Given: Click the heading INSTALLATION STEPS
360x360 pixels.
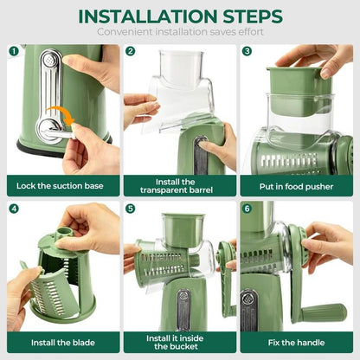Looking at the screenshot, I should pyautogui.click(x=179, y=16).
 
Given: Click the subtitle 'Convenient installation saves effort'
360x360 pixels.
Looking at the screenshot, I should pyautogui.click(x=179, y=32).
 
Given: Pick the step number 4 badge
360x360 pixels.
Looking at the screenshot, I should pyautogui.click(x=14, y=209).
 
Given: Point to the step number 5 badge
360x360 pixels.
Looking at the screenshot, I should pyautogui.click(x=131, y=209).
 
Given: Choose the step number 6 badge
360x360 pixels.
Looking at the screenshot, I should pyautogui.click(x=247, y=209).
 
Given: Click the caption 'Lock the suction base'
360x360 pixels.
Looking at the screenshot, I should pyautogui.click(x=61, y=184).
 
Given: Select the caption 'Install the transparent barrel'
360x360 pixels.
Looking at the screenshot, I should pyautogui.click(x=178, y=185).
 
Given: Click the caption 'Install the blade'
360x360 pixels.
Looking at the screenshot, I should pyautogui.click(x=61, y=341).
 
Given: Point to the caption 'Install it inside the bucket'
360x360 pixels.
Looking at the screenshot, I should pyautogui.click(x=178, y=342).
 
